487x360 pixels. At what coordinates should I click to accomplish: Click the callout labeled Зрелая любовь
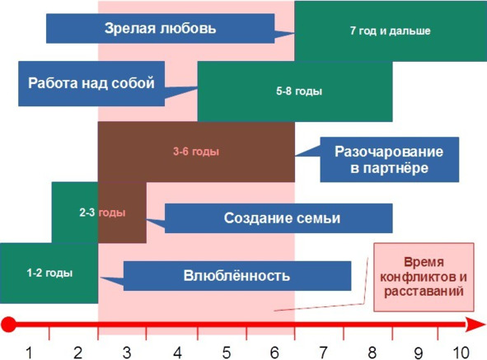[x=160, y=28]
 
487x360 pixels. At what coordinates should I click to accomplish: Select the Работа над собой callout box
[x=91, y=83]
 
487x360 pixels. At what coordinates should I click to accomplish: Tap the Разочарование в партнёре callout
[x=390, y=159]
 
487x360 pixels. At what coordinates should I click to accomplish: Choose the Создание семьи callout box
[x=279, y=218]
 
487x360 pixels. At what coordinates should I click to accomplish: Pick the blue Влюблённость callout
[x=237, y=276]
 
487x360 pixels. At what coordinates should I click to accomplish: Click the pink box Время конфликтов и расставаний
[x=424, y=277]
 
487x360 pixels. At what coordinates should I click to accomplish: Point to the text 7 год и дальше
[x=390, y=30]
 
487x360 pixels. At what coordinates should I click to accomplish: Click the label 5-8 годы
[x=299, y=91]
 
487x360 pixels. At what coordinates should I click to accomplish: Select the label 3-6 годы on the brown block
[x=196, y=152]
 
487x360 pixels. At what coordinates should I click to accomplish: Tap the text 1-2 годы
[x=49, y=273]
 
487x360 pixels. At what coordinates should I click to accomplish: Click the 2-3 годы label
[x=102, y=213]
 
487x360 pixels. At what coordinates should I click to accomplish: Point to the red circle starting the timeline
[x=8, y=325]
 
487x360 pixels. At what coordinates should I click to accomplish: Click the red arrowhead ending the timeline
[x=475, y=325]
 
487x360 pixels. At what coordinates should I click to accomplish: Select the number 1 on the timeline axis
[x=29, y=353]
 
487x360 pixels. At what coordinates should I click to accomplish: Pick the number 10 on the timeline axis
[x=461, y=353]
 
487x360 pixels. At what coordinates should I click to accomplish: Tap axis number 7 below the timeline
[x=323, y=353]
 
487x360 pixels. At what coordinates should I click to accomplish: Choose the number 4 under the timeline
[x=177, y=353]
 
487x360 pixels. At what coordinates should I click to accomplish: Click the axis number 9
[x=419, y=353]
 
